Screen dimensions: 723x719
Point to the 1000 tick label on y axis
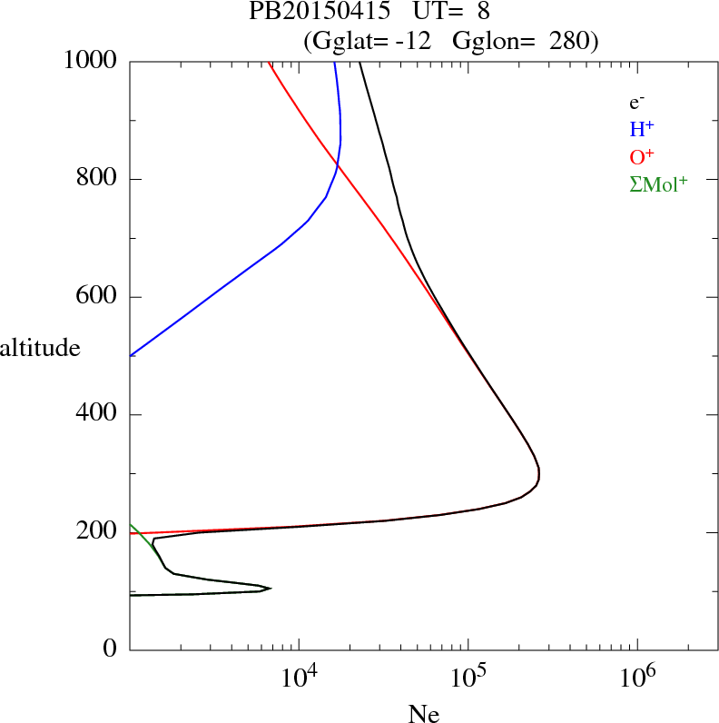91,61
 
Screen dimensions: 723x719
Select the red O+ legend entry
643,157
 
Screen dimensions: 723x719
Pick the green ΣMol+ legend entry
658,184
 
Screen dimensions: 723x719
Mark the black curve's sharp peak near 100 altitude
270,588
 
